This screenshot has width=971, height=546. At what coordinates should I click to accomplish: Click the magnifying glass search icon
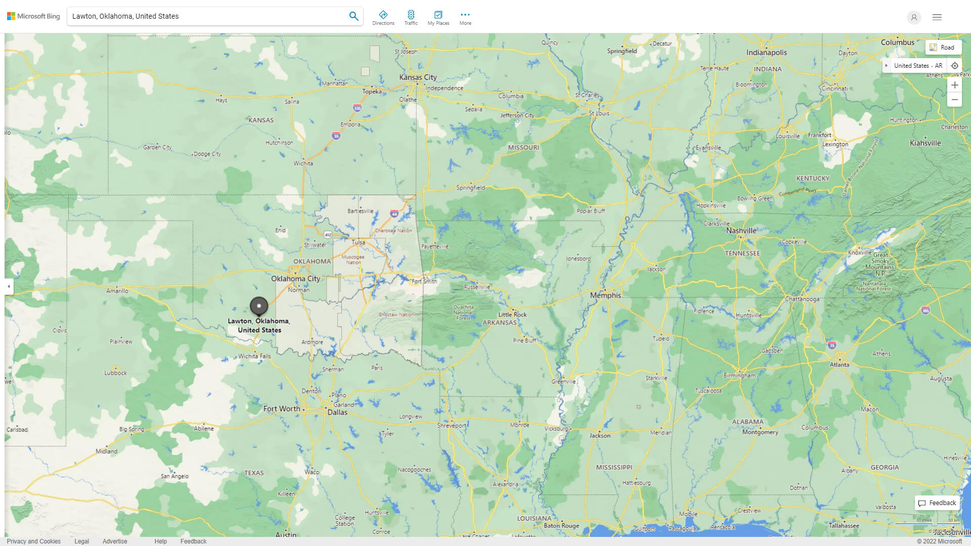pyautogui.click(x=354, y=16)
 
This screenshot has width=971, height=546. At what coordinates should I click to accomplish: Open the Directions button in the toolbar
pyautogui.click(x=383, y=17)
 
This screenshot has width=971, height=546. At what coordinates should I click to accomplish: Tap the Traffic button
pyautogui.click(x=411, y=17)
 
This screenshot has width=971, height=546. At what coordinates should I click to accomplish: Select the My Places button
pyautogui.click(x=438, y=17)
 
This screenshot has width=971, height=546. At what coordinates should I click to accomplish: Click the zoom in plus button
pyautogui.click(x=954, y=85)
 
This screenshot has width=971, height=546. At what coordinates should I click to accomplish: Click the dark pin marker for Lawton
pyautogui.click(x=259, y=306)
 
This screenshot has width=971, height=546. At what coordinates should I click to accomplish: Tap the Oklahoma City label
pyautogui.click(x=295, y=279)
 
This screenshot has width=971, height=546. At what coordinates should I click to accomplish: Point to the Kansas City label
pyautogui.click(x=418, y=77)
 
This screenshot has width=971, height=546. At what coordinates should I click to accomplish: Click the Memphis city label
pyautogui.click(x=605, y=295)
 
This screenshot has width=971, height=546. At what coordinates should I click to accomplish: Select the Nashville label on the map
pyautogui.click(x=741, y=231)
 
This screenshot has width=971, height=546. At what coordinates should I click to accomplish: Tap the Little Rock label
pyautogui.click(x=512, y=314)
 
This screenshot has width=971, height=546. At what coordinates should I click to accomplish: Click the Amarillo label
pyautogui.click(x=117, y=291)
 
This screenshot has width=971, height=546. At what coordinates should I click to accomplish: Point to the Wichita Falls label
pyautogui.click(x=254, y=356)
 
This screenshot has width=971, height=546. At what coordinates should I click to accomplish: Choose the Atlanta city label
pyautogui.click(x=840, y=365)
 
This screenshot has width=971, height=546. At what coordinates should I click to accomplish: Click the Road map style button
pyautogui.click(x=943, y=48)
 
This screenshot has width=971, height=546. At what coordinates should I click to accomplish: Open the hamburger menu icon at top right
pyautogui.click(x=937, y=17)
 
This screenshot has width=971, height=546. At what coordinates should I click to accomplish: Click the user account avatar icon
pyautogui.click(x=913, y=17)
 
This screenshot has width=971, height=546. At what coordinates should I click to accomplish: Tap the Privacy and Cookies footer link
pyautogui.click(x=34, y=541)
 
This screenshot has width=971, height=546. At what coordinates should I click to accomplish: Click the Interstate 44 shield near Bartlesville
pyautogui.click(x=394, y=214)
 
